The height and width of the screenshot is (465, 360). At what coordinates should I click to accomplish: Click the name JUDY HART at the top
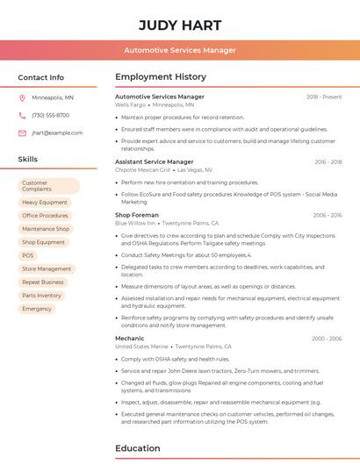click(180, 24)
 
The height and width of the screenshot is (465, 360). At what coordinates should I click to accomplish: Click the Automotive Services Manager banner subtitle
click(180, 50)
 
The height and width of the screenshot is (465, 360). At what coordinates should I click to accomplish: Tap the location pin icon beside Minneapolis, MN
click(22, 97)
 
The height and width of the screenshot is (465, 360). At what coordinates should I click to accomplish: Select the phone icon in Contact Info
click(22, 115)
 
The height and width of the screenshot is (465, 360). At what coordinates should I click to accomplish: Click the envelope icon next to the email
click(22, 132)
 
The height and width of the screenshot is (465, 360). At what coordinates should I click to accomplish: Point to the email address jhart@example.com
click(57, 132)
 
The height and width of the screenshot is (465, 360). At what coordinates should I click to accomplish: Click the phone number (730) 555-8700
click(50, 115)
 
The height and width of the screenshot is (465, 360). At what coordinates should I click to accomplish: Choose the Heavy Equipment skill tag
click(44, 202)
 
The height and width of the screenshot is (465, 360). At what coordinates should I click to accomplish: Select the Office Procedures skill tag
click(45, 216)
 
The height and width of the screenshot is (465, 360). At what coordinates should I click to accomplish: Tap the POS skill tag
click(28, 255)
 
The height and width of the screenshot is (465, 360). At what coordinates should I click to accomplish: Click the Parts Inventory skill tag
click(42, 296)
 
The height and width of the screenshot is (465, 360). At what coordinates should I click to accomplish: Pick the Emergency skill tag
click(37, 309)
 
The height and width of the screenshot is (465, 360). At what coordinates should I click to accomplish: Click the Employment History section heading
click(161, 77)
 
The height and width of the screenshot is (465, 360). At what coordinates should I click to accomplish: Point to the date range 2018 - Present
click(324, 97)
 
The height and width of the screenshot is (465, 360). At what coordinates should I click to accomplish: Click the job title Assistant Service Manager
click(155, 161)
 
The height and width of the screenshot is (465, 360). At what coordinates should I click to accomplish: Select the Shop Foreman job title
click(137, 215)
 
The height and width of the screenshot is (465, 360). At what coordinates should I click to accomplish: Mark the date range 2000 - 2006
click(327, 338)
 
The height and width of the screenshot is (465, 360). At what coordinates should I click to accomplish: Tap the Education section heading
click(138, 448)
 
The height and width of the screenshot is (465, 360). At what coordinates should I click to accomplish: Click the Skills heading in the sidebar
click(28, 160)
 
